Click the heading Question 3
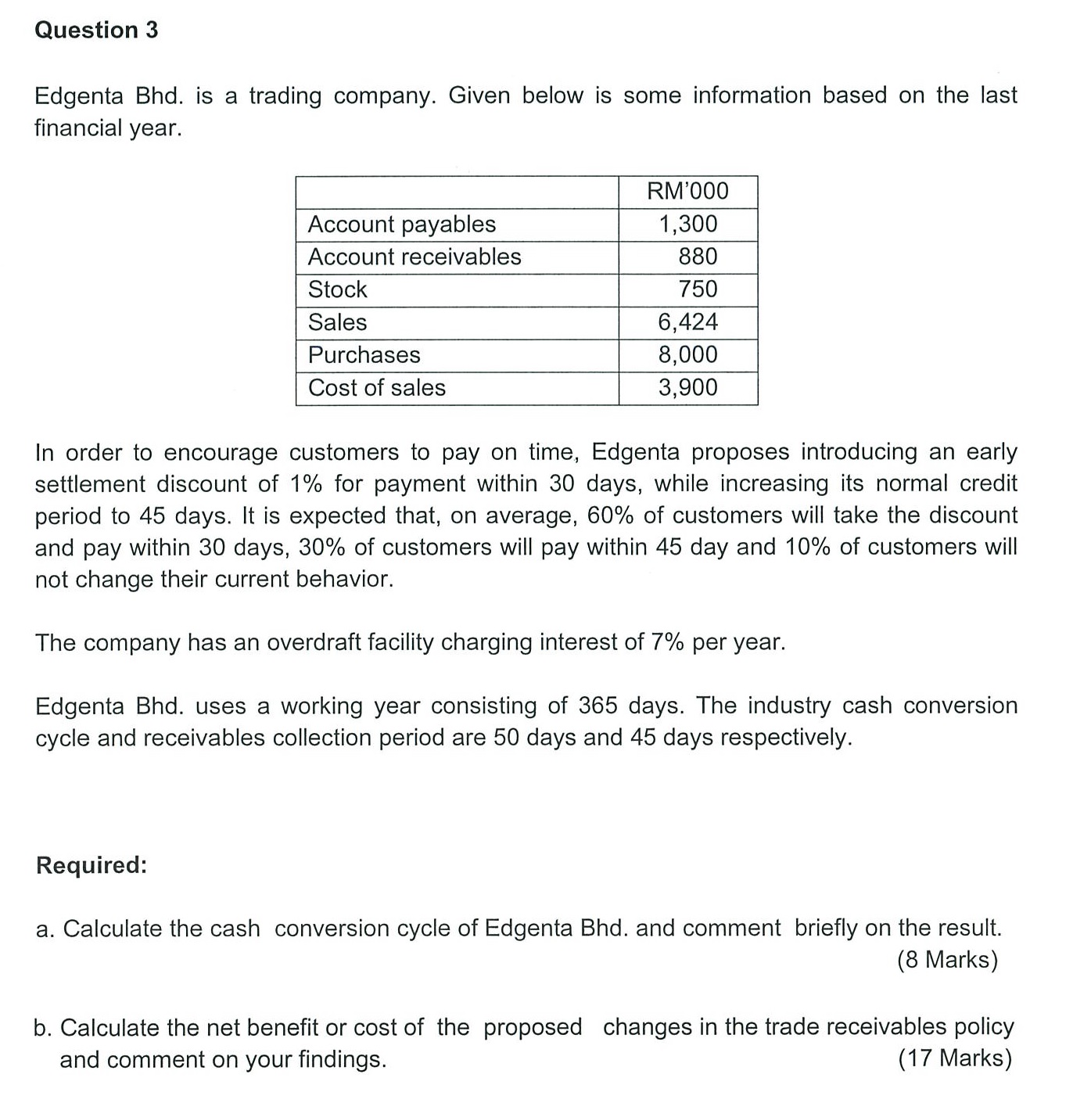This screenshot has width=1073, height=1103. tap(97, 31)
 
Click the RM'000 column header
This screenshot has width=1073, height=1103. tap(687, 192)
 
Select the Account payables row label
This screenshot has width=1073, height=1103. tap(402, 225)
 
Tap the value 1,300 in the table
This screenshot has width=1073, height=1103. tap(687, 225)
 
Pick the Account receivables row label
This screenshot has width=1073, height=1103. tap(414, 257)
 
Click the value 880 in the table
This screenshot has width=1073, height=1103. tap(698, 257)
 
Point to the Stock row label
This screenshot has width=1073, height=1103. tap(337, 289)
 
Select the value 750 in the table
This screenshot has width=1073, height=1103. tap(698, 289)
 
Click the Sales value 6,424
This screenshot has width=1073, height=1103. tap(687, 322)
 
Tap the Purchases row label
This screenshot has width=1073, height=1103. tap(364, 355)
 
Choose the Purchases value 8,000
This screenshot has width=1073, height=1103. tap(687, 355)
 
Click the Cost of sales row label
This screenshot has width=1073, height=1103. tap(377, 388)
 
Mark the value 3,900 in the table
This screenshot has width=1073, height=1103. tap(687, 388)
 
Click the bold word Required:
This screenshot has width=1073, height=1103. tap(92, 866)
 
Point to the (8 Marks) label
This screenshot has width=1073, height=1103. tap(947, 960)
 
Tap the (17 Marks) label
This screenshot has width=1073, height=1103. tap(954, 1058)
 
